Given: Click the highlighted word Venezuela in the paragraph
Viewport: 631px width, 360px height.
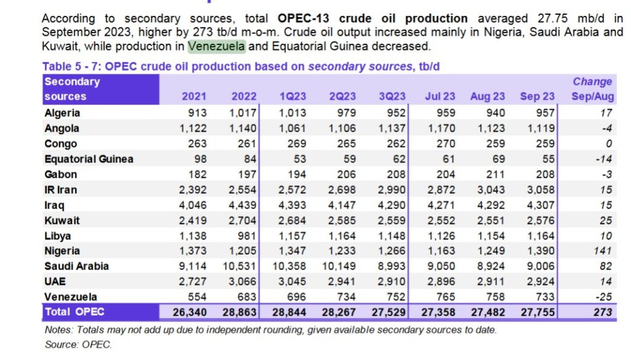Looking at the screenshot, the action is [216, 46].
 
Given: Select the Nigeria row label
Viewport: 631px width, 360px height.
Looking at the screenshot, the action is [62, 251].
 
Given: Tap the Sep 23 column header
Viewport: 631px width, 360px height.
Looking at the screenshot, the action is [537, 96].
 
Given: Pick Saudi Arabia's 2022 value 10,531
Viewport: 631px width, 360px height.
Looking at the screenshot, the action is [240, 266].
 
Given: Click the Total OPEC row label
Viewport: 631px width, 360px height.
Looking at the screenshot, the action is [75, 312].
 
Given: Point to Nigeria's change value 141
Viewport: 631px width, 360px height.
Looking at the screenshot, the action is [603, 251].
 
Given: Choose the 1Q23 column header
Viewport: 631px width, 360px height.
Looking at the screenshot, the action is [293, 96].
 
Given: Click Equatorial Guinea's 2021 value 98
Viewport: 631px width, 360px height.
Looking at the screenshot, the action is [200, 159].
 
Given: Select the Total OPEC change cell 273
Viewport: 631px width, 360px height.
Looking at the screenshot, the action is [603, 312].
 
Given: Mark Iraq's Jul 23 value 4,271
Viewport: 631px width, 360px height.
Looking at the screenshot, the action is [441, 205].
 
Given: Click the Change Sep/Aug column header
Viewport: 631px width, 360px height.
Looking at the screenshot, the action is [593, 89].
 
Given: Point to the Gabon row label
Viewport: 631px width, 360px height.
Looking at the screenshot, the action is [61, 174].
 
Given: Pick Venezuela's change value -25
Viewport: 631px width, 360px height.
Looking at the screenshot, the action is [604, 297].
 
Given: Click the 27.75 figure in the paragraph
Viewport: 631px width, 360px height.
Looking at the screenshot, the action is [553, 18].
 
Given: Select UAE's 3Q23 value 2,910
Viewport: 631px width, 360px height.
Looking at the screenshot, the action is [391, 282].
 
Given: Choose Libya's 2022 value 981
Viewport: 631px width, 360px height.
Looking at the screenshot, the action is [246, 235].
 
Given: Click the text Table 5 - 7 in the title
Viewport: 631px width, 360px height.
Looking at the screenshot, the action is [70, 67].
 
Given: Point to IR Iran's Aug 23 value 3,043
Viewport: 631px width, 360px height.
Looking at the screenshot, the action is [491, 190].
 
